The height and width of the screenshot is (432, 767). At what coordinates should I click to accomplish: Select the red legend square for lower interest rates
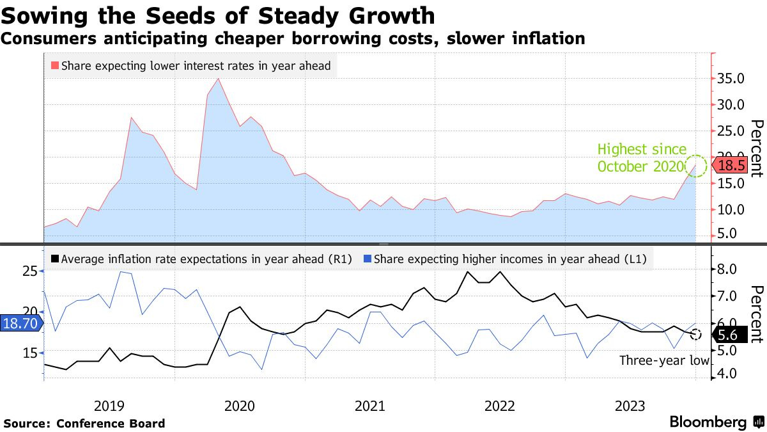click(54, 65)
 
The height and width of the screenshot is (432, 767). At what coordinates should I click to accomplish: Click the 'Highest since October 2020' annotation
click(641, 158)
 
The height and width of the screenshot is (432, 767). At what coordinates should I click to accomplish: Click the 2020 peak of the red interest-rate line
click(219, 79)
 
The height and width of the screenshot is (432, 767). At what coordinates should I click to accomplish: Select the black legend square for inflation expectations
click(55, 259)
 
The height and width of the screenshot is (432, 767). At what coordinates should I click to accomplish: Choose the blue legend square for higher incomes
click(367, 259)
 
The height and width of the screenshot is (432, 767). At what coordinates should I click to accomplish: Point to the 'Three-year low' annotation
click(664, 360)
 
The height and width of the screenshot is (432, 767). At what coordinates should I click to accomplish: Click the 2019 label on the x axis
click(109, 405)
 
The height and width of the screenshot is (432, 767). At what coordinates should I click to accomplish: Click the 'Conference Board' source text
click(111, 423)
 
